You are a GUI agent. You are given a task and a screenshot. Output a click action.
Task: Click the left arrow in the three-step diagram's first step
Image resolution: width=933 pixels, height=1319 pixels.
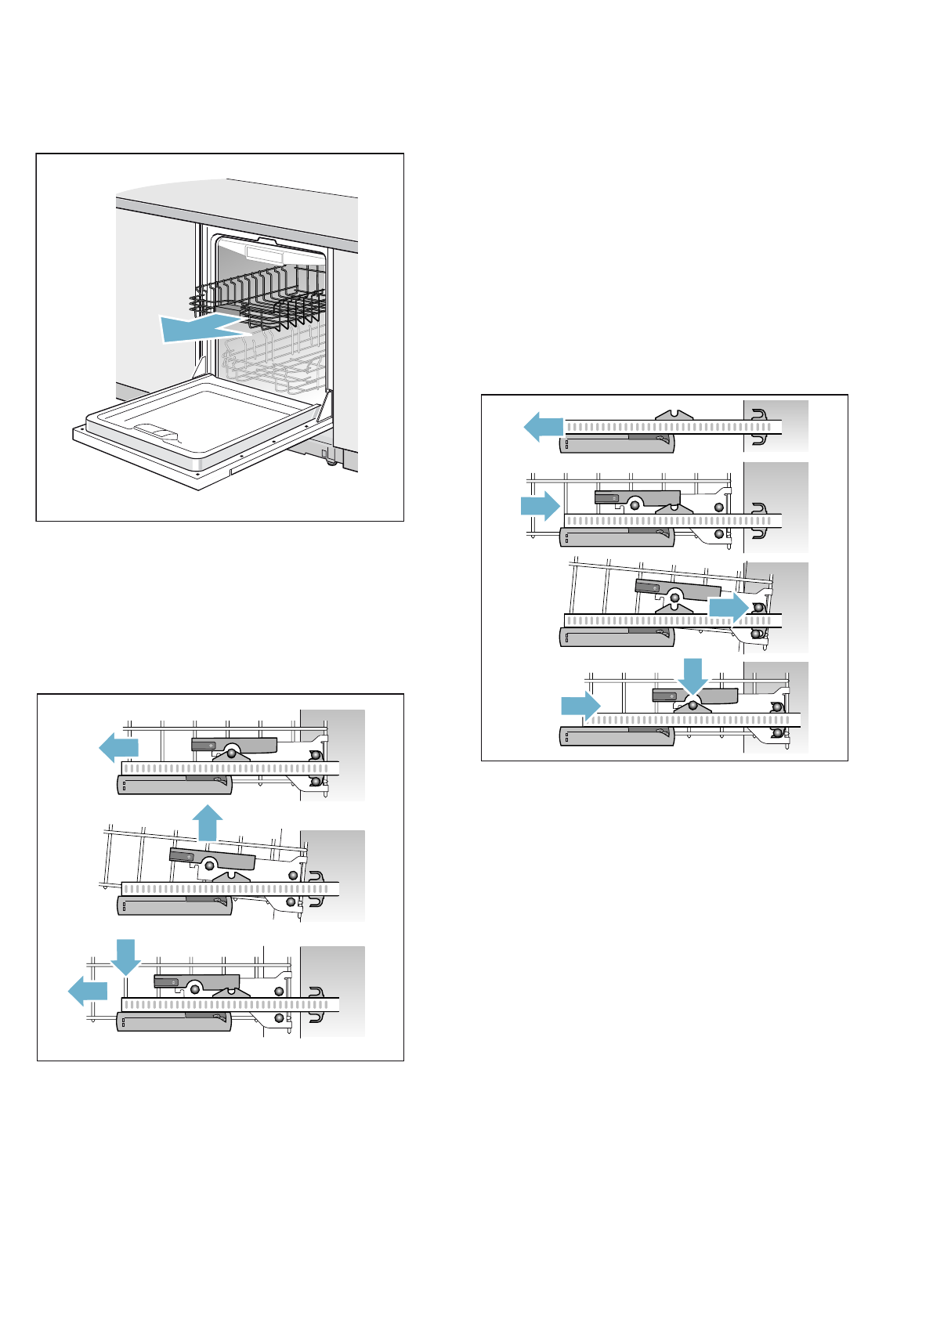pos(118,747)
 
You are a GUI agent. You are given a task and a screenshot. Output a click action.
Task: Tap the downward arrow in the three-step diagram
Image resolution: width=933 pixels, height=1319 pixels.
pos(125,956)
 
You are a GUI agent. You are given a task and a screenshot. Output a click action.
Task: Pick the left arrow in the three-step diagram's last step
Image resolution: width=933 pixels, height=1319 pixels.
pos(87,991)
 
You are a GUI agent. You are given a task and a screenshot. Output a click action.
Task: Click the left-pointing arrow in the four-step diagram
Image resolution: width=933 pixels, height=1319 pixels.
pos(543,427)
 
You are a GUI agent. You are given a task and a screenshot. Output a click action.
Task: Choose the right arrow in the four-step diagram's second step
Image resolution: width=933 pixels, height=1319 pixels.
pos(541,506)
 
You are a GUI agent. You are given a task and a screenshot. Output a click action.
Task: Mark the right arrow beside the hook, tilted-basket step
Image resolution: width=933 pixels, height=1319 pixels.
pos(728,608)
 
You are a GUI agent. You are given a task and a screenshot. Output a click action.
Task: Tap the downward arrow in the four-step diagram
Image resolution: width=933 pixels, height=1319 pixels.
pos(693,676)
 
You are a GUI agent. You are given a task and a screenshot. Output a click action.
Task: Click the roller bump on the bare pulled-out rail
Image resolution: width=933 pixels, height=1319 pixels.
pos(674,415)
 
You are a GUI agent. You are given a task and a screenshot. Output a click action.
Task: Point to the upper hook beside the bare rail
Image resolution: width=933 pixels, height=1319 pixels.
pos(758,414)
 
